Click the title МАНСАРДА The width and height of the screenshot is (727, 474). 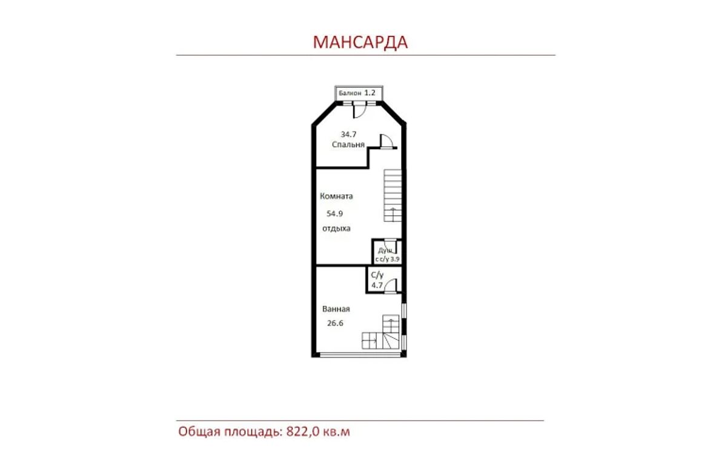click(360, 42)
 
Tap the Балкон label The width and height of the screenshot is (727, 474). click(350, 93)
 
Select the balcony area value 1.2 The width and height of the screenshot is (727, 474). click(370, 93)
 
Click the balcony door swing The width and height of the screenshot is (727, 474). click(359, 110)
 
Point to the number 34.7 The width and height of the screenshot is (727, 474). click(348, 134)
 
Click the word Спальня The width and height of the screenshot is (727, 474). click(348, 144)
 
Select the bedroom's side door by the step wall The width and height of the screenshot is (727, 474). click(387, 141)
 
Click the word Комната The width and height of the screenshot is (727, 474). click(336, 196)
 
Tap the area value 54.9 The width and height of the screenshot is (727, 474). click(334, 213)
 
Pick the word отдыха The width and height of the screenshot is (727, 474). click(336, 229)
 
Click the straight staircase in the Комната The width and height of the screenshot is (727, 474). click(393, 195)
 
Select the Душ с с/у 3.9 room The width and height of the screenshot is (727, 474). click(387, 252)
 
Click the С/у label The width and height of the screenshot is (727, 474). click(377, 275)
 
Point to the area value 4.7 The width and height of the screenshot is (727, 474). click(377, 285)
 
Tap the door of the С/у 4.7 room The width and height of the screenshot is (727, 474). click(391, 286)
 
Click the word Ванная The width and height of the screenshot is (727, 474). click(336, 309)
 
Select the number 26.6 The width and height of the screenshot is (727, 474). click(335, 323)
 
